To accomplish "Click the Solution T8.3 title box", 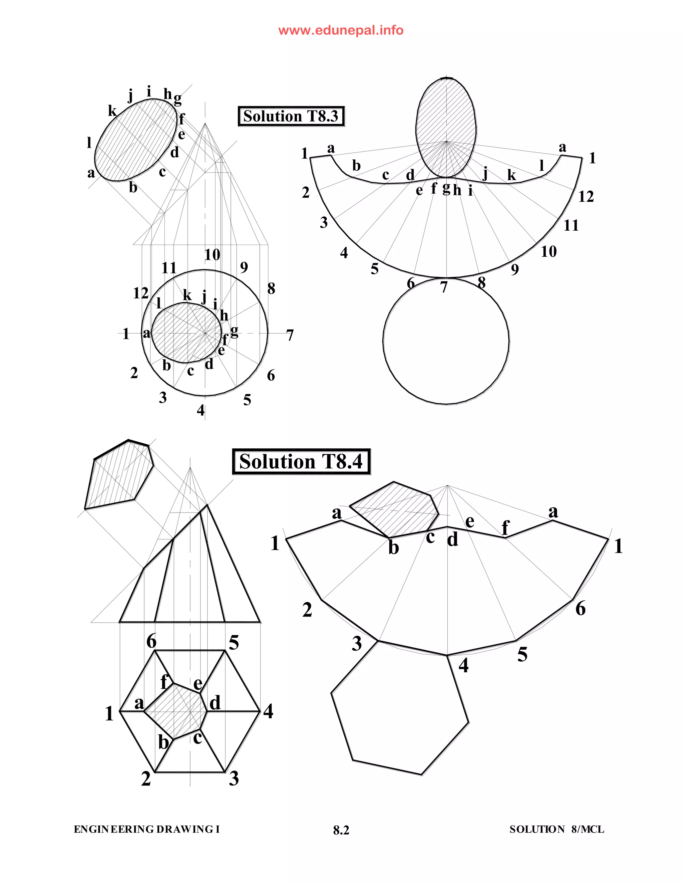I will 291,116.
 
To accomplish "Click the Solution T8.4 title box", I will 301,462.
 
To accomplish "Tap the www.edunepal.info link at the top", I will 341,30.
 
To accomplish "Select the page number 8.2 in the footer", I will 341,830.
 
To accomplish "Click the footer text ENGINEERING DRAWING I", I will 147,829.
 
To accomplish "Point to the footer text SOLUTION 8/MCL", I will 557,829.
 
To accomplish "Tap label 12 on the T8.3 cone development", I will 586,197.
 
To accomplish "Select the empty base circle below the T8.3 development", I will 446,341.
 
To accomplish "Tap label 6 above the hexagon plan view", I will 152,641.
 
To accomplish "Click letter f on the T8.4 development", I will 505,528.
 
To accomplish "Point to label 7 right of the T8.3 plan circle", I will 290,335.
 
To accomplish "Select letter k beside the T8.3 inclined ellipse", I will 112,110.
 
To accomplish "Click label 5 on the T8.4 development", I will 522,654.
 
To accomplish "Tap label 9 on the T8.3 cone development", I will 514,269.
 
